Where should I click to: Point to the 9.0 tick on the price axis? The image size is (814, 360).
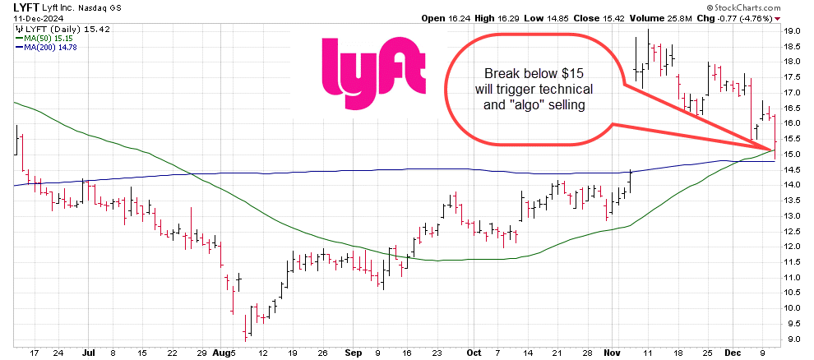pos(793,339)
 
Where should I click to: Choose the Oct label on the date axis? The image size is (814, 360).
pos(473,353)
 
